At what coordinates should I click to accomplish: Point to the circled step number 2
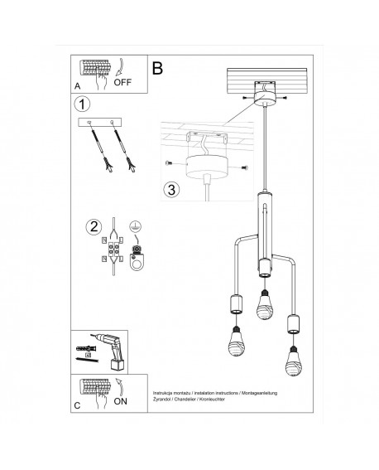(x=94, y=225)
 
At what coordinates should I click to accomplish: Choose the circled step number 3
(x=170, y=188)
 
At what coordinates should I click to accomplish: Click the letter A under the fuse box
(x=77, y=86)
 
